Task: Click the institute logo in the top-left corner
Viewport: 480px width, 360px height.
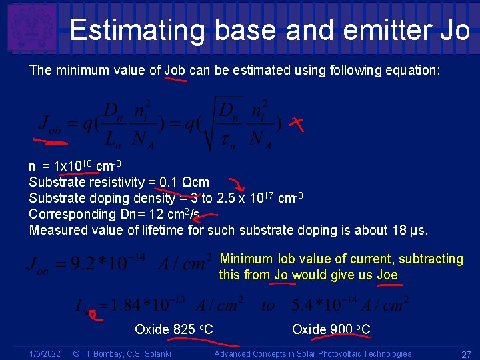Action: [x=31, y=27]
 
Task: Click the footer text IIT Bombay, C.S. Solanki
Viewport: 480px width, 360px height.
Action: [x=121, y=354]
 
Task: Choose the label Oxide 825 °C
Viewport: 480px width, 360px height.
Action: [x=173, y=329]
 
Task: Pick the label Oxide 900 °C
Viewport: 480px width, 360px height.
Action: [x=331, y=329]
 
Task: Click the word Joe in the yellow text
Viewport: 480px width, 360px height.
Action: [x=387, y=275]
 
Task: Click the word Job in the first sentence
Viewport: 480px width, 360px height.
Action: [x=175, y=69]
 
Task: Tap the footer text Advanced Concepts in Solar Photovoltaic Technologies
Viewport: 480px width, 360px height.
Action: [x=313, y=354]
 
